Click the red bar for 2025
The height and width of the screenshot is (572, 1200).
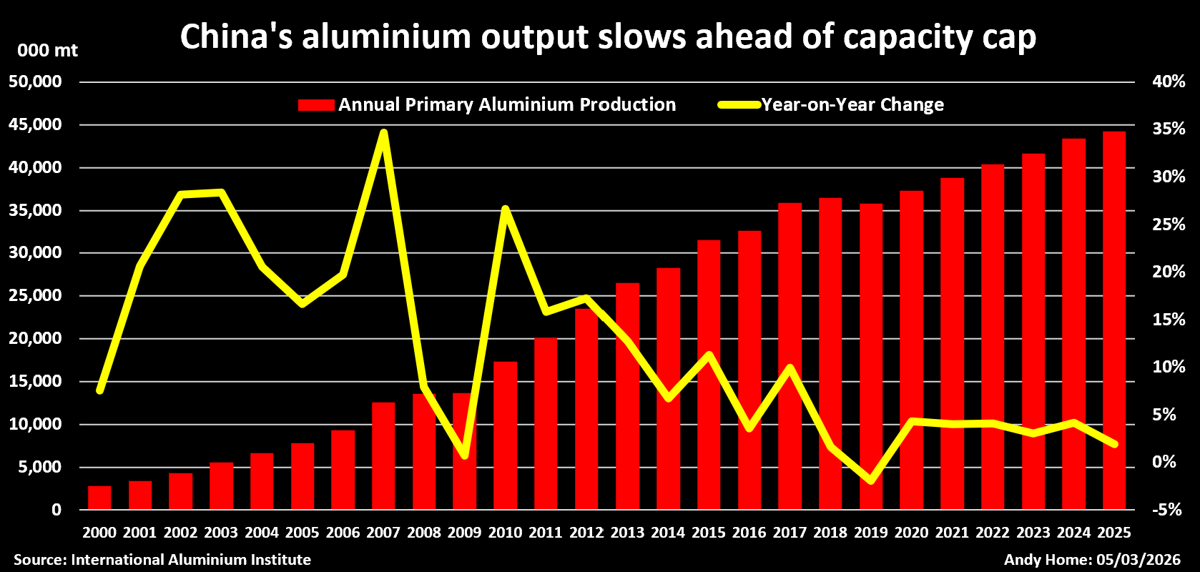(1114, 322)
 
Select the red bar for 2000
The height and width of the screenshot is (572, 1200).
(99, 498)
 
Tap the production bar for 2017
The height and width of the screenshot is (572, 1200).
(790, 357)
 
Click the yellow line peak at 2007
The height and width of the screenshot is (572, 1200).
(384, 133)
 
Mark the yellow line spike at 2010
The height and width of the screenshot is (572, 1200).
(505, 209)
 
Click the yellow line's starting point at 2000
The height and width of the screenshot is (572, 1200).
(100, 390)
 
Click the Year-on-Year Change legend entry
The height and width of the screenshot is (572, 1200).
(831, 105)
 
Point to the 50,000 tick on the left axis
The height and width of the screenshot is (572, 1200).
(36, 82)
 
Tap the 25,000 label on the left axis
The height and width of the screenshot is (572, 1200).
(36, 295)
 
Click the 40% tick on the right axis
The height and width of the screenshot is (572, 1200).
(1169, 82)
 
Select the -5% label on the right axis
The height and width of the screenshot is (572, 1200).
(1166, 510)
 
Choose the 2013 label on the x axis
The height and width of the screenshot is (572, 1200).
(627, 533)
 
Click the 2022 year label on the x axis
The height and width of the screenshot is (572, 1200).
(993, 533)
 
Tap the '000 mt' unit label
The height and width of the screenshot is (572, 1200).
(47, 51)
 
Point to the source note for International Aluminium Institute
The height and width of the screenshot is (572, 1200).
(162, 560)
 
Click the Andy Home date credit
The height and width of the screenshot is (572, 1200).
(1092, 560)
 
